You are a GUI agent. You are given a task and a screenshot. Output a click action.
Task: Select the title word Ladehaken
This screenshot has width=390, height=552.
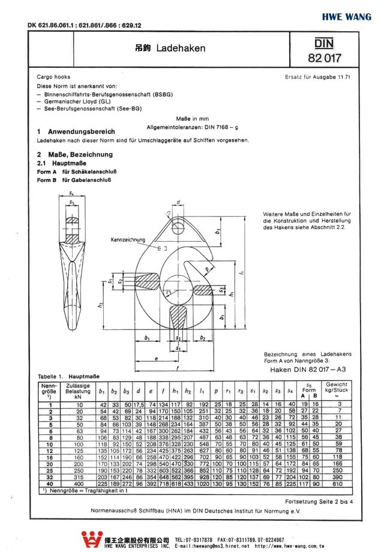[181, 48]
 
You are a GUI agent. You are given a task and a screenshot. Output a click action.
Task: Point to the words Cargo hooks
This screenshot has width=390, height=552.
[53, 77]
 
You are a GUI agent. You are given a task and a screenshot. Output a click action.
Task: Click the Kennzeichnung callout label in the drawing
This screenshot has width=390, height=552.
[128, 240]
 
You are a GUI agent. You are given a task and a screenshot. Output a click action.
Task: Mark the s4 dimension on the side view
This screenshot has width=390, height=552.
[72, 193]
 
